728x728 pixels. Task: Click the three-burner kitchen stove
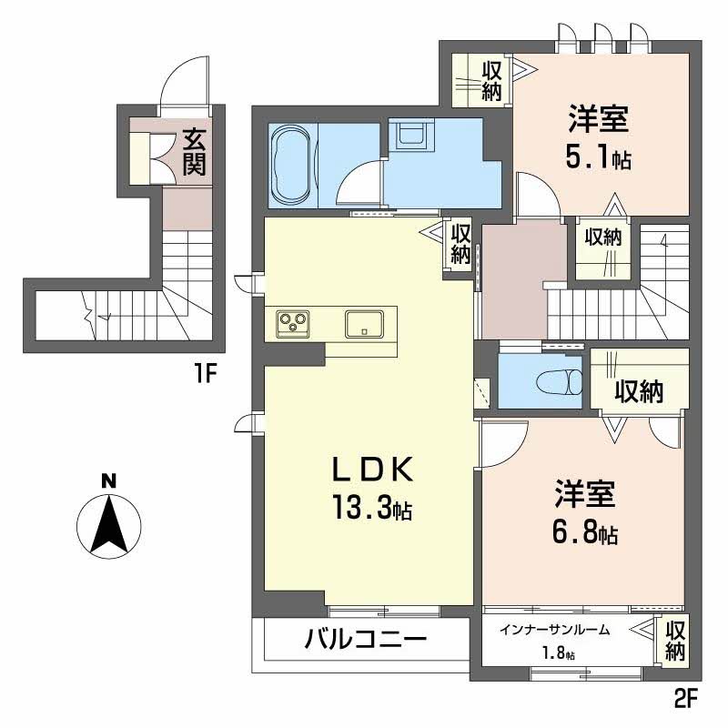[293, 321]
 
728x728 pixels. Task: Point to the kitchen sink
[366, 323]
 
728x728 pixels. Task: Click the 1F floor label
[202, 373]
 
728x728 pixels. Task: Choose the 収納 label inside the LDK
[460, 244]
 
